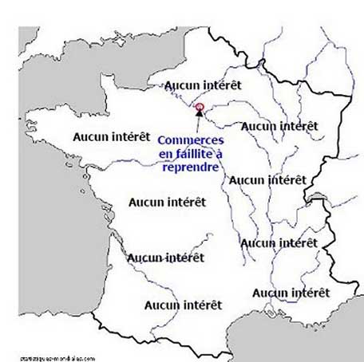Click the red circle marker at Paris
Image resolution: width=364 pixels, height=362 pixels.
[200, 108]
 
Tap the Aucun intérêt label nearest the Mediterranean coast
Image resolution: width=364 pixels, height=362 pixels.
[291, 293]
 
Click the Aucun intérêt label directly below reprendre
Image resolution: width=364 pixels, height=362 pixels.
[168, 203]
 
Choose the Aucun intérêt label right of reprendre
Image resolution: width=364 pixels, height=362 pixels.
[267, 180]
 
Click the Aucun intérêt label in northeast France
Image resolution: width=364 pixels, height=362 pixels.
[279, 126]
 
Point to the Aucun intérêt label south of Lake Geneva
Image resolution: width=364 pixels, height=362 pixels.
[279, 242]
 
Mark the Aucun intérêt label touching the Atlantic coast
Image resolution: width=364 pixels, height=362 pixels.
[166, 258]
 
